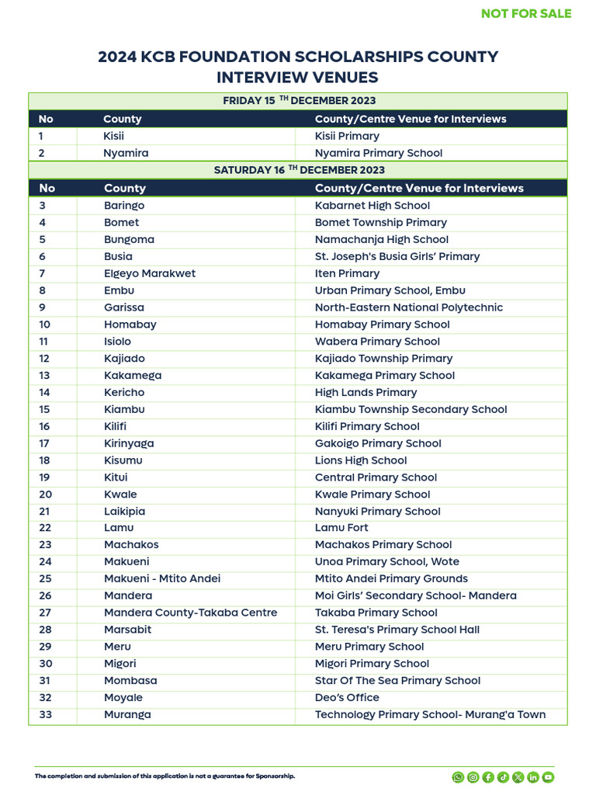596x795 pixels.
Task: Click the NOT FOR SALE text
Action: (x=526, y=13)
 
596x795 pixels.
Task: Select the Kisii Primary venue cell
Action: (x=347, y=136)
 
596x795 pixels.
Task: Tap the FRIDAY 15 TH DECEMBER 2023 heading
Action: (x=299, y=101)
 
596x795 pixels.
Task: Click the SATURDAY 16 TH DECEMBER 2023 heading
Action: (x=299, y=170)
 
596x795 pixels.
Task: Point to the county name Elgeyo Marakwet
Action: (x=150, y=273)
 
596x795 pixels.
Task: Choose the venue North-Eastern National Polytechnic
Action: (x=408, y=307)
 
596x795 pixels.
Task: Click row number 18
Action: (x=45, y=460)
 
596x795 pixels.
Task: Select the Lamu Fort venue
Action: (x=341, y=528)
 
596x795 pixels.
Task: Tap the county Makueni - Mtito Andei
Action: (x=162, y=578)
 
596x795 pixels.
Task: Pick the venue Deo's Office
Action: (x=347, y=697)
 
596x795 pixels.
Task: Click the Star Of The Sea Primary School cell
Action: (x=397, y=680)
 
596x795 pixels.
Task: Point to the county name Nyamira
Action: (x=126, y=153)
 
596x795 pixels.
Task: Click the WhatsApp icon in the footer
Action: (x=458, y=776)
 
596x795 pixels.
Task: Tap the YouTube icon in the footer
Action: (x=548, y=776)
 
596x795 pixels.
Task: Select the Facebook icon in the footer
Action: (x=488, y=776)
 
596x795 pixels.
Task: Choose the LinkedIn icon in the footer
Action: (x=533, y=776)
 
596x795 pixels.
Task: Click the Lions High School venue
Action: (x=361, y=460)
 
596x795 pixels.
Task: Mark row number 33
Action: (x=45, y=714)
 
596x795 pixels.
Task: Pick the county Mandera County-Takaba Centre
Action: (x=190, y=613)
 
